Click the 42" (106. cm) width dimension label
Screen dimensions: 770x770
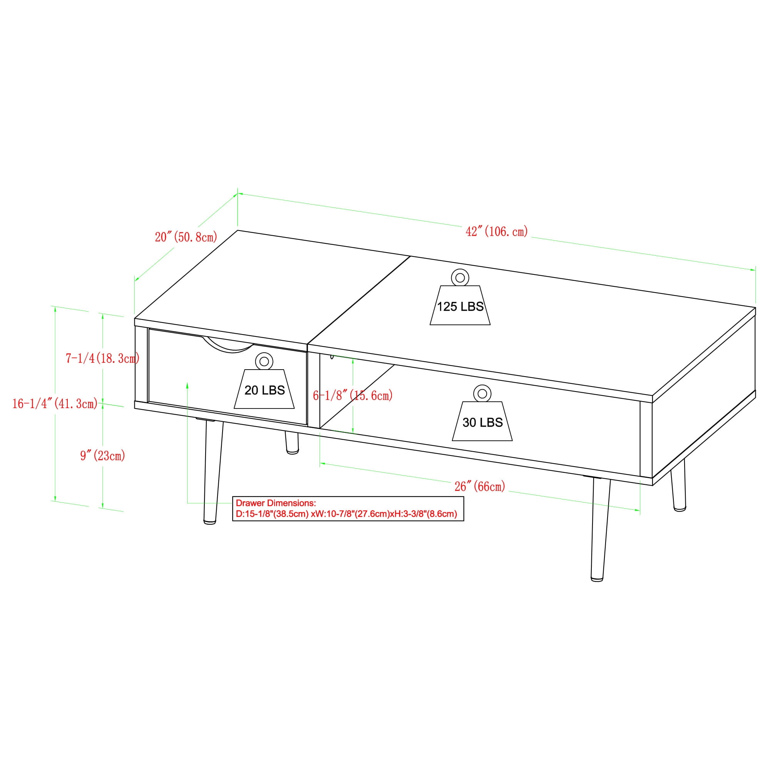(497, 231)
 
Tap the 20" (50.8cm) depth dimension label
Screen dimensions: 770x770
(186, 237)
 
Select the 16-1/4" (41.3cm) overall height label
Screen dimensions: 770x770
(55, 404)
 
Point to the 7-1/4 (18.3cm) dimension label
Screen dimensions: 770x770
(102, 358)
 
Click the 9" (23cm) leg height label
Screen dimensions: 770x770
(103, 455)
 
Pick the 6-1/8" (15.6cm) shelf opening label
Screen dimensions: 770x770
(353, 395)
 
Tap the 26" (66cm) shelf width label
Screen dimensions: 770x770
(480, 486)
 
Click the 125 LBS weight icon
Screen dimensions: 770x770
(460, 297)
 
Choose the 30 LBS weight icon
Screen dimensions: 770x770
(482, 413)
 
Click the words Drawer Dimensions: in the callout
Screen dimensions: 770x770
(276, 502)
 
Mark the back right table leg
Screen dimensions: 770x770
(679, 485)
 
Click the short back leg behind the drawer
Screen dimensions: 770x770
(291, 442)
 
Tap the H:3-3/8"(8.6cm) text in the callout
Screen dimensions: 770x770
(423, 514)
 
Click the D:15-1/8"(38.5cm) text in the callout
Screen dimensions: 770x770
(272, 514)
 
